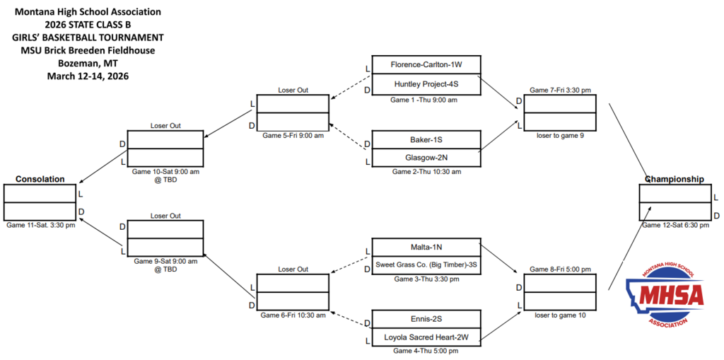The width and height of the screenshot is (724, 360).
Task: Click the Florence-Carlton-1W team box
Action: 426,65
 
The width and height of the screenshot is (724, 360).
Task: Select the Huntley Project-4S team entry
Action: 426,83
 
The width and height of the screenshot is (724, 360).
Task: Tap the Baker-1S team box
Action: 426,139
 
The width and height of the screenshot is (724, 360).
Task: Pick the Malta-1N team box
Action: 426,247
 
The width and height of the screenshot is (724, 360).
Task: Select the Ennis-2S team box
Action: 426,319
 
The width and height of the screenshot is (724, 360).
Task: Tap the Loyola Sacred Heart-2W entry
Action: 426,338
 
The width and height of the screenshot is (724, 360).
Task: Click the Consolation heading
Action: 40,179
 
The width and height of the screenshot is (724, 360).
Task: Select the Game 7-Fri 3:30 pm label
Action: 561,90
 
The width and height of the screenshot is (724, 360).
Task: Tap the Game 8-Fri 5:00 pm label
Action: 561,269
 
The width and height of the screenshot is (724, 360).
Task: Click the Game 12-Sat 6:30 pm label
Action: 675,225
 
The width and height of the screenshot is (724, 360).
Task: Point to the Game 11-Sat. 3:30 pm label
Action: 40,225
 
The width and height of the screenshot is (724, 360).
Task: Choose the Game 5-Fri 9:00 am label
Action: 293,135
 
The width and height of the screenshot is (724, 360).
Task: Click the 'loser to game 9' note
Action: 560,136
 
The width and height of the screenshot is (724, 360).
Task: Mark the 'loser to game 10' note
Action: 560,315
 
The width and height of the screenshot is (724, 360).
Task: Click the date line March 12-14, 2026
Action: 88,76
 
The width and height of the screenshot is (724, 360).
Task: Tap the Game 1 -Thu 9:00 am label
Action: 424,100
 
